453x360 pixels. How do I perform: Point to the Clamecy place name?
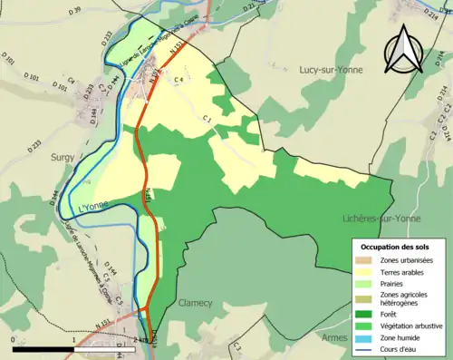196,304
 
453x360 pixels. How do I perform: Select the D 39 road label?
74,10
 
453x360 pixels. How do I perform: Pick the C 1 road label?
207,119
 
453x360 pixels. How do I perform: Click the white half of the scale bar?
102,347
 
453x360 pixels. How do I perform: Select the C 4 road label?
178,80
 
